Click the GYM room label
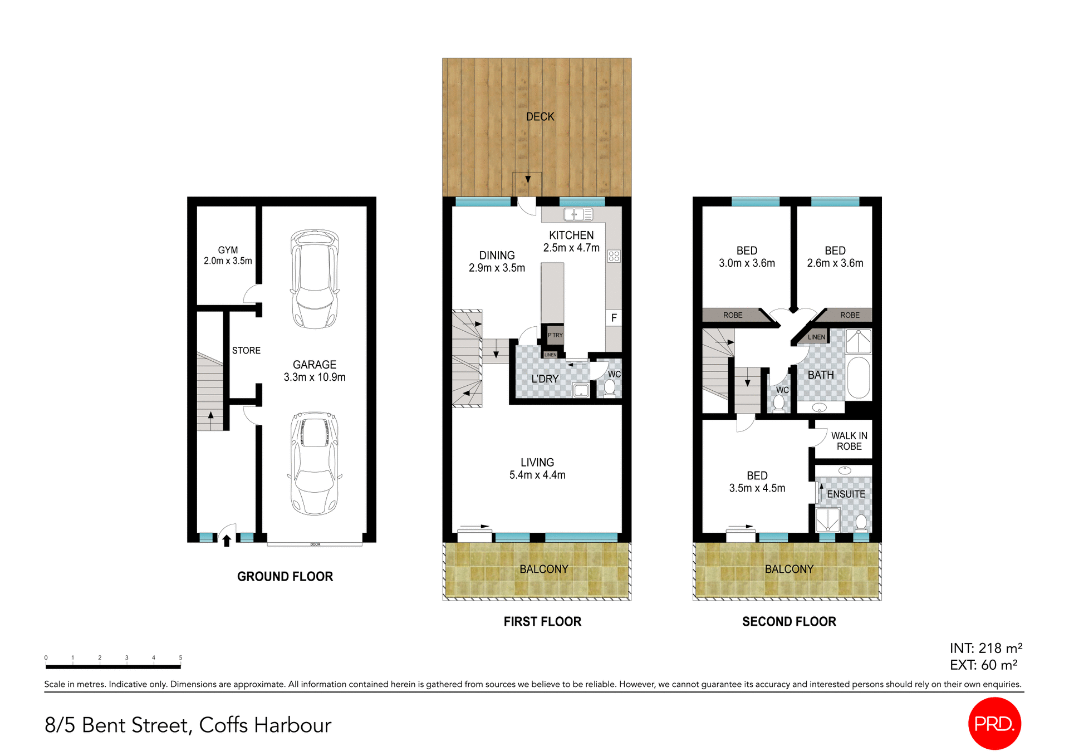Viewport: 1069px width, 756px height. point(228,251)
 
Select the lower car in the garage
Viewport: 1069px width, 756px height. point(315,463)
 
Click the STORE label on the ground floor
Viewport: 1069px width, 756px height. point(246,351)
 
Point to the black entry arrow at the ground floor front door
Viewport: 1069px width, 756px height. point(227,540)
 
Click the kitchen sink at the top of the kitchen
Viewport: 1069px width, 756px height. point(578,214)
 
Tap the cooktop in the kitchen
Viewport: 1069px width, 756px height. point(614,256)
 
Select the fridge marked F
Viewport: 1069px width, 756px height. point(614,318)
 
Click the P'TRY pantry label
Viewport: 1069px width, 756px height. point(555,335)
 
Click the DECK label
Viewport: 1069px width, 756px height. point(540,117)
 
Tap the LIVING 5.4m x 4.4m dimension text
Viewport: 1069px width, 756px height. point(537,475)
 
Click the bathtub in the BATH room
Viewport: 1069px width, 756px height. point(859,377)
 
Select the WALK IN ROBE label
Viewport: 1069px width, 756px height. point(849,441)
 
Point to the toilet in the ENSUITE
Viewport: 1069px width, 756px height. point(861,522)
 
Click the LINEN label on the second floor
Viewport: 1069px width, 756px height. point(816,337)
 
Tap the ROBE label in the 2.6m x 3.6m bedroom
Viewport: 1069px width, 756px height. point(850,315)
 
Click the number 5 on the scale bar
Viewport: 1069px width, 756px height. point(180,657)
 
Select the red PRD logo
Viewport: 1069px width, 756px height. point(994,723)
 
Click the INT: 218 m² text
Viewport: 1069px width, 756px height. point(985,648)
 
